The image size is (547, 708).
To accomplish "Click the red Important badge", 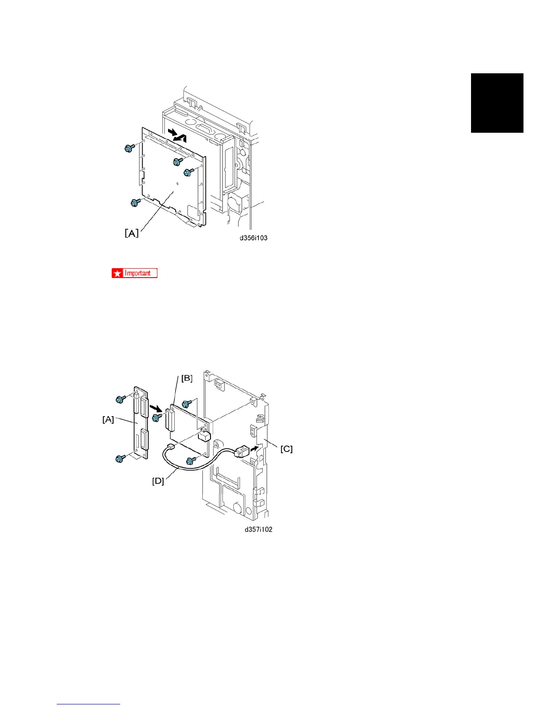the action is pyautogui.click(x=135, y=273).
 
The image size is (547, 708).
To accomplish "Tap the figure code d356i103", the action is pyautogui.click(x=253, y=238).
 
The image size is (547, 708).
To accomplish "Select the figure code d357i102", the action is pyautogui.click(x=258, y=529).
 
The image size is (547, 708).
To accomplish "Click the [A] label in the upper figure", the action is pyautogui.click(x=131, y=233).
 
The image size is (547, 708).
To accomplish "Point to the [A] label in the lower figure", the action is pyautogui.click(x=108, y=419).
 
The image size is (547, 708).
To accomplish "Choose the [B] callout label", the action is pyautogui.click(x=187, y=378).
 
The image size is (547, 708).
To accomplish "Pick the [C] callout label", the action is pyautogui.click(x=286, y=449).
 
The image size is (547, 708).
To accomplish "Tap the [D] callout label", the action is pyautogui.click(x=158, y=481).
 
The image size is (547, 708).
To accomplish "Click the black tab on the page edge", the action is pyautogui.click(x=497, y=103).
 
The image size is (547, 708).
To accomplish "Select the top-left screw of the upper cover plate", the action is pyautogui.click(x=129, y=148).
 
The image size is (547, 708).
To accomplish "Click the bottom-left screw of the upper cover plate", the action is pyautogui.click(x=134, y=202).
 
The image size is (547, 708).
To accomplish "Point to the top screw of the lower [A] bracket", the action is pyautogui.click(x=120, y=399).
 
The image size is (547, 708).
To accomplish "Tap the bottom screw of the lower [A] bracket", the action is pyautogui.click(x=120, y=459).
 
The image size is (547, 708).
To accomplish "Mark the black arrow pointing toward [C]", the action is pyautogui.click(x=253, y=447).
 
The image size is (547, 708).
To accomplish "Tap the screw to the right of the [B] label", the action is pyautogui.click(x=187, y=404).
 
